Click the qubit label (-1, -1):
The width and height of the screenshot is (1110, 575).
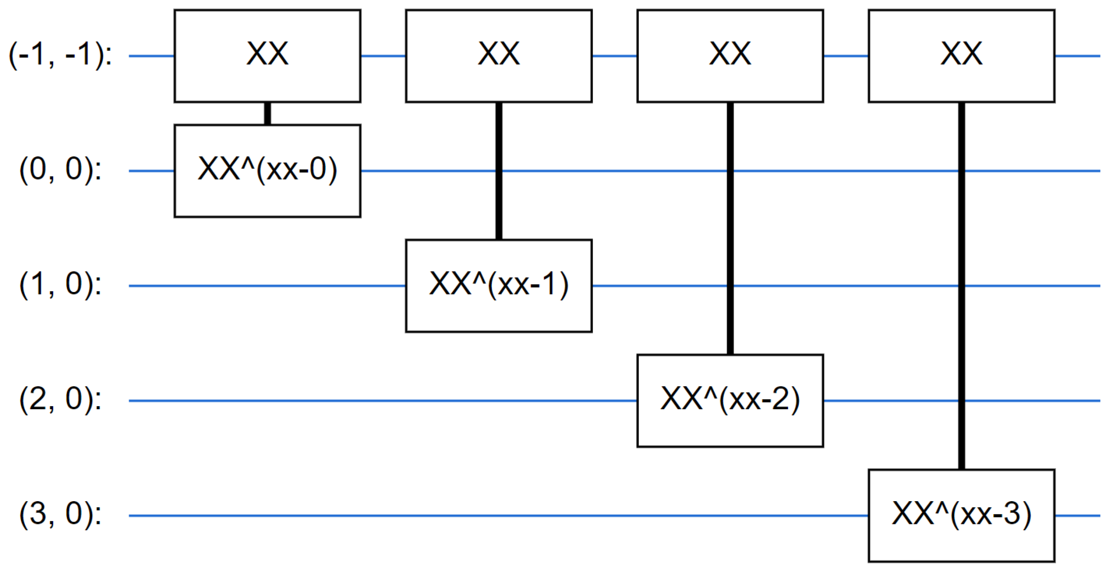tap(61, 55)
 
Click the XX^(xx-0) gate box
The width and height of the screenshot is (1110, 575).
tap(267, 170)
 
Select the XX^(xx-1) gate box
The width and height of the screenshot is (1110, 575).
tap(498, 286)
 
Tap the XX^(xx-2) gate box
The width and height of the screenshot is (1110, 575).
tap(730, 401)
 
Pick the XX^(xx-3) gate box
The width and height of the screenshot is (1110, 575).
tap(961, 515)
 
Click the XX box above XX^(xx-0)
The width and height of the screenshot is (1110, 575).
tap(267, 55)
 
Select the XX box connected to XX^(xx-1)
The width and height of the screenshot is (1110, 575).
tap(498, 55)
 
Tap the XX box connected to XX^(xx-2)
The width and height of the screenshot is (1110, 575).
tap(730, 55)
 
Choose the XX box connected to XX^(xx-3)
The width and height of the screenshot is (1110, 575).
tap(961, 55)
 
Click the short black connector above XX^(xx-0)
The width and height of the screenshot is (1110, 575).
tap(267, 113)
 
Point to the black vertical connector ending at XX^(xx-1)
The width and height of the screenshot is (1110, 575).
tap(498, 207)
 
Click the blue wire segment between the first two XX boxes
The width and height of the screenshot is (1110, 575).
tap(383, 55)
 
